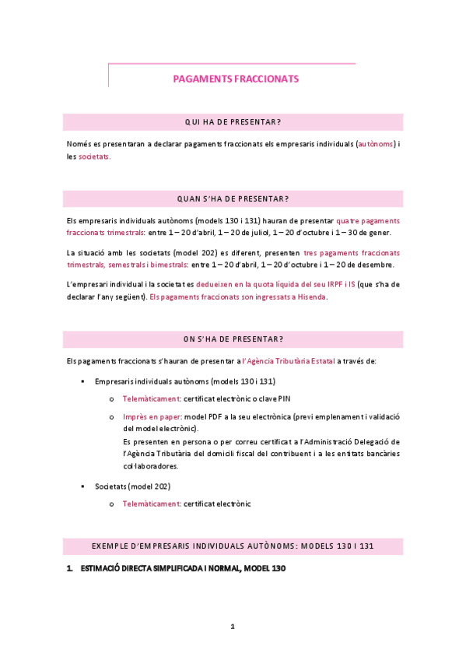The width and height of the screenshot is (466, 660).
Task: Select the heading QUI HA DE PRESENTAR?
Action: pyautogui.click(x=233, y=121)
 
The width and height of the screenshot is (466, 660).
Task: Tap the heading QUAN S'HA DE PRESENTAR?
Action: pyautogui.click(x=233, y=198)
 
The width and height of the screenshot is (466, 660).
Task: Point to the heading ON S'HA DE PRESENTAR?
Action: pyautogui.click(x=233, y=339)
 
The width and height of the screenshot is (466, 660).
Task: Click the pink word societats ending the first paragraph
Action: pyautogui.click(x=94, y=156)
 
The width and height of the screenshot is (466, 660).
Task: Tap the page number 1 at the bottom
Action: pyautogui.click(x=233, y=626)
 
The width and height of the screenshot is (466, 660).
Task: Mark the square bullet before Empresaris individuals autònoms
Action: pyautogui.click(x=82, y=382)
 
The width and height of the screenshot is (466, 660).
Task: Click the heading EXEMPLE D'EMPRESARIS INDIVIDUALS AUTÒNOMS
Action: pyautogui.click(x=233, y=546)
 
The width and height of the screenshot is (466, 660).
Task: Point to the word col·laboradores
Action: pyautogui.click(x=150, y=466)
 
